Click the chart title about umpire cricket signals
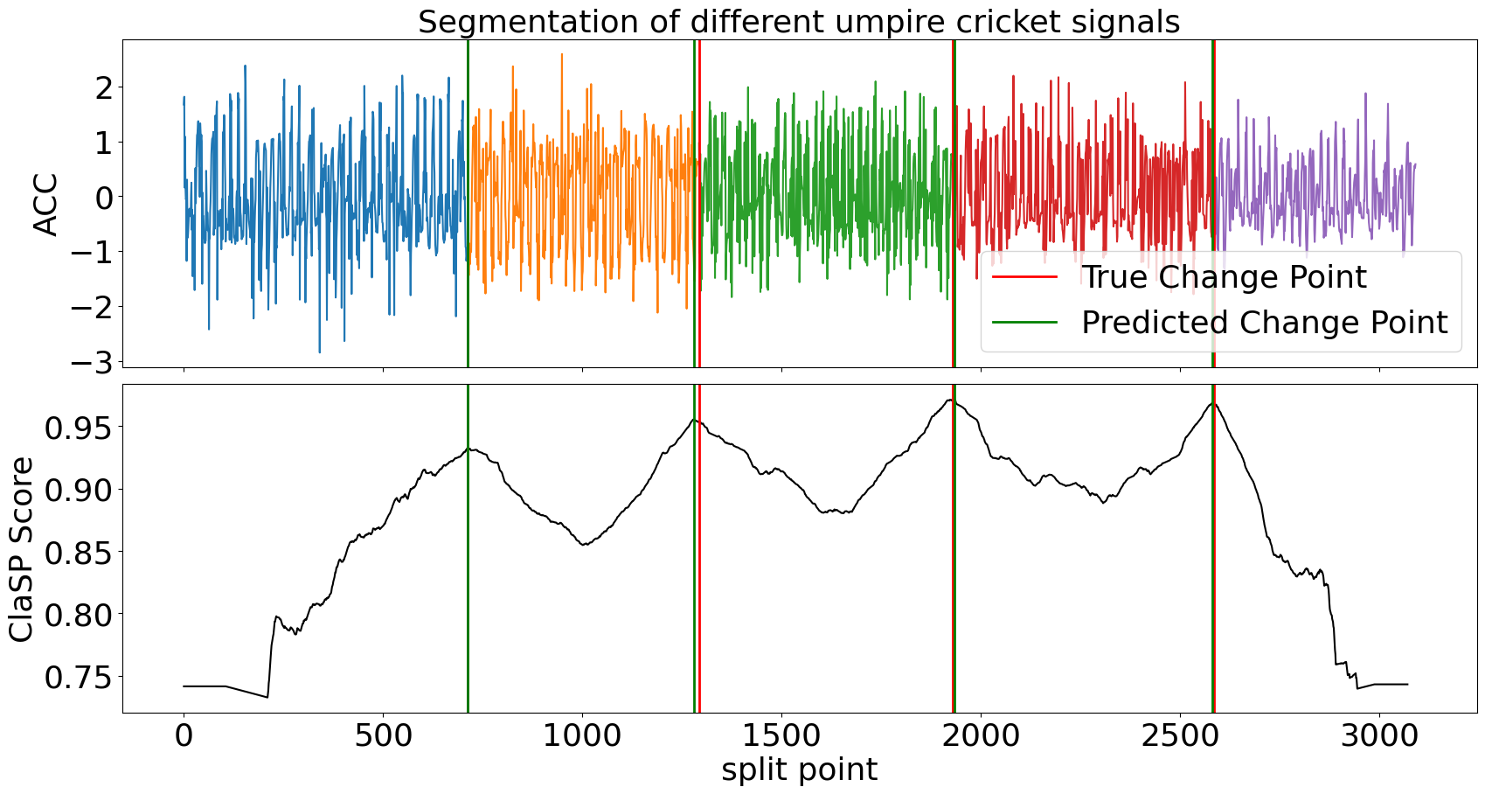pyautogui.click(x=799, y=21)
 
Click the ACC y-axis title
pyautogui.click(x=45, y=205)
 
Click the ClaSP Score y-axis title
pyautogui.click(x=22, y=549)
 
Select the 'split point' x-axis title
pyautogui.click(x=799, y=770)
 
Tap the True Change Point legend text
pyautogui.click(x=1224, y=277)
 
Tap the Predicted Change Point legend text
pyautogui.click(x=1264, y=323)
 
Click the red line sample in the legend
pyautogui.click(x=1024, y=277)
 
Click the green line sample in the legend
pyautogui.click(x=1024, y=323)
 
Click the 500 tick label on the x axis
pyautogui.click(x=383, y=735)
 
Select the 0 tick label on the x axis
pyautogui.click(x=184, y=735)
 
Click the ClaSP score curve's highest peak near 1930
pyautogui.click(x=950, y=400)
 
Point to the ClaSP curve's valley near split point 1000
pyautogui.click(x=584, y=545)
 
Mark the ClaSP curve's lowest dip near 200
pyautogui.click(x=267, y=697)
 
